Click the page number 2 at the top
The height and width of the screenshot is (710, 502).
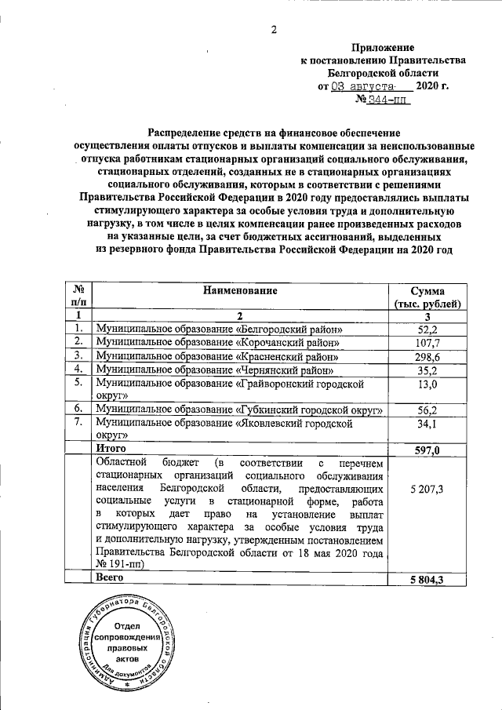[x=274, y=31]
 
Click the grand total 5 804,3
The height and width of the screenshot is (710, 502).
[x=427, y=579]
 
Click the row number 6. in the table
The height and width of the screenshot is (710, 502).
[x=78, y=409]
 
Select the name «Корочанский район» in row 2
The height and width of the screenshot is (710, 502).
[x=288, y=343]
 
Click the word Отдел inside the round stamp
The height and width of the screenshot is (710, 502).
[x=127, y=625]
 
